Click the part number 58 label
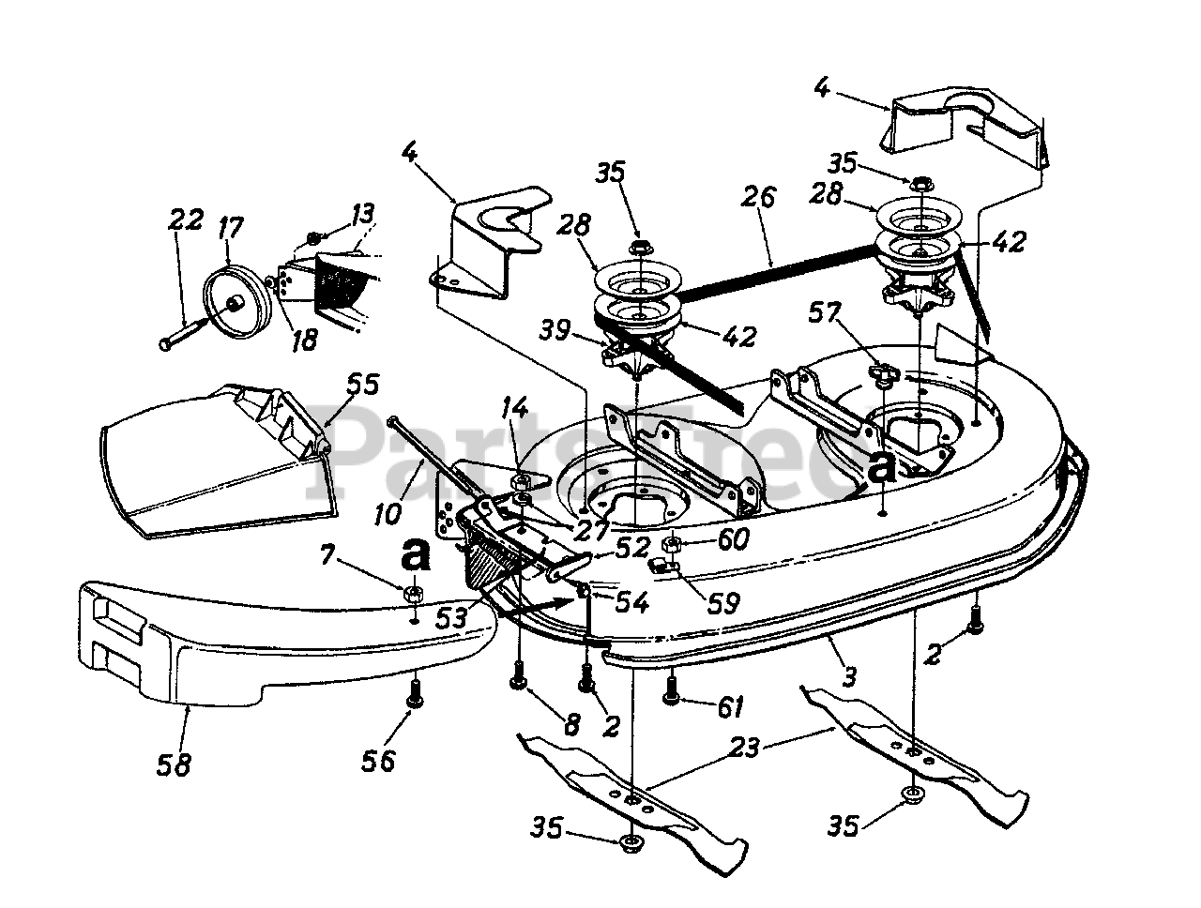(x=175, y=765)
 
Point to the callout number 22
(x=185, y=221)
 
